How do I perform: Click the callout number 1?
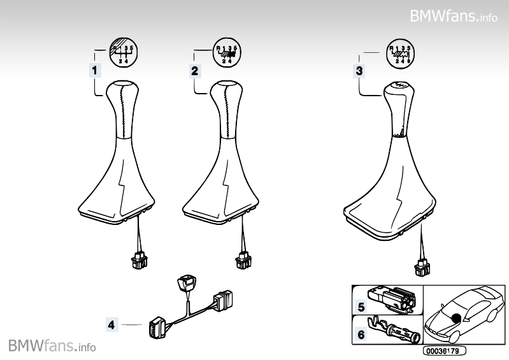tap(95, 71)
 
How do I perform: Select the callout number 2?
tap(194, 71)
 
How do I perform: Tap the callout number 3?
tap(359, 71)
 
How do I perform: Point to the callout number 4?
tap(111, 324)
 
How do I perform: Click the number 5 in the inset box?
tap(361, 307)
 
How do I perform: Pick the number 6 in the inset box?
tap(361, 335)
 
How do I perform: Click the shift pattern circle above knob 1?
tap(124, 52)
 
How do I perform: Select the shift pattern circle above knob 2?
tap(227, 52)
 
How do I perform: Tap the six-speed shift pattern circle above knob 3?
tap(401, 53)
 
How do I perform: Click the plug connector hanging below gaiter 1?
tap(139, 261)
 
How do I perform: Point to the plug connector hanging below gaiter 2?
tap(243, 261)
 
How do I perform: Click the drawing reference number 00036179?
tap(444, 351)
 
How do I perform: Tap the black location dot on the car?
tap(456, 319)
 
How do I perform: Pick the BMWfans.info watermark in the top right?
tap(454, 16)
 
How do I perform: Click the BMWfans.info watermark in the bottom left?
tap(52, 345)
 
